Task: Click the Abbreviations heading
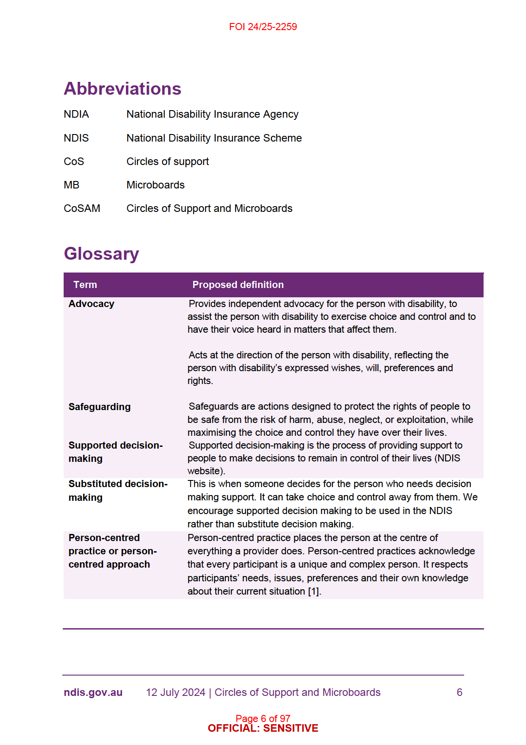pos(122,88)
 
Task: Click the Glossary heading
pos(101,253)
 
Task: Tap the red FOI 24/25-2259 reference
pos(263,27)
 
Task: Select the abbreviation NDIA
pos(76,114)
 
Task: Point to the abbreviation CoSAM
pos(82,208)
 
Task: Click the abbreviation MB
pos(72,185)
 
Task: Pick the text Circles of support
pos(168,161)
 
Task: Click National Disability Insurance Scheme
pos(214,138)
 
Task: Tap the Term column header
pos(85,285)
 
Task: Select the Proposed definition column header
pos(238,285)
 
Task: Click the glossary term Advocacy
pos(91,304)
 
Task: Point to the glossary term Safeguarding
pos(99,407)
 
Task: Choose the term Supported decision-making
pos(115,452)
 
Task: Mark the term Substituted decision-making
pos(118,490)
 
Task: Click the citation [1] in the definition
pos(313,591)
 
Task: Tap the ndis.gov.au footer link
pos(93,692)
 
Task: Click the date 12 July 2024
pos(175,692)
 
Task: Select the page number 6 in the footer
pos(459,692)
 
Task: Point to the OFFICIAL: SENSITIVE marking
pos(263,729)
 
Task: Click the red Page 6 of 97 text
pos(263,718)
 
